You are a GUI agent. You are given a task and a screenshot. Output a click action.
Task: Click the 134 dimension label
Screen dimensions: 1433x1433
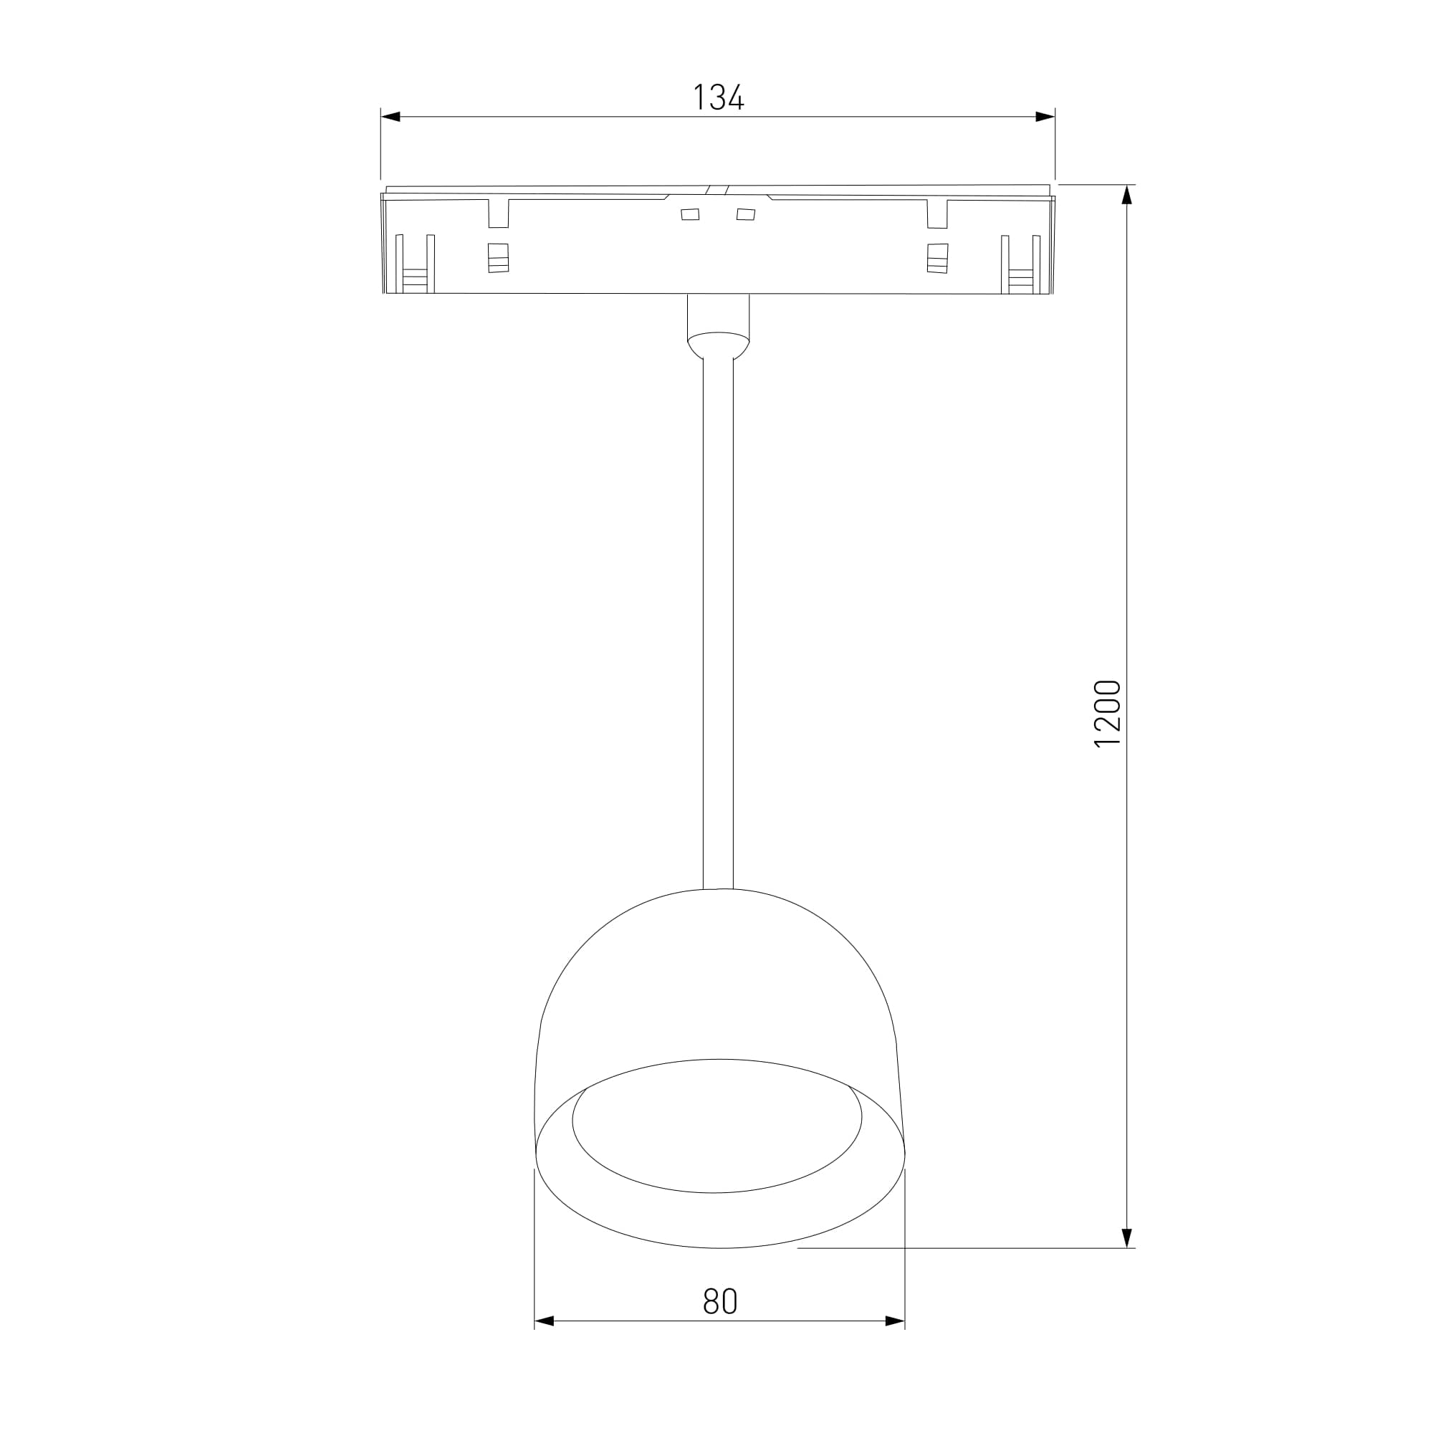[x=718, y=97]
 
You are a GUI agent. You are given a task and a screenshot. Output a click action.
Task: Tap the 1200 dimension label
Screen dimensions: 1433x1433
[x=1108, y=714]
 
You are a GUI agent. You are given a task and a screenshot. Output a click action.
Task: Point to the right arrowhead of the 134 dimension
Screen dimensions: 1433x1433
[x=1045, y=117]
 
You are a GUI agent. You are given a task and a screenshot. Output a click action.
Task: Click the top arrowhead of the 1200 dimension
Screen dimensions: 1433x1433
[x=1126, y=194]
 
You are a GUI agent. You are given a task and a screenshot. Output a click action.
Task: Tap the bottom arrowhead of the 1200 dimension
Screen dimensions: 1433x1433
[x=1126, y=1238]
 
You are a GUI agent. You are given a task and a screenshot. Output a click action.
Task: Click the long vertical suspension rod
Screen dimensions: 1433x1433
[x=718, y=623]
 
